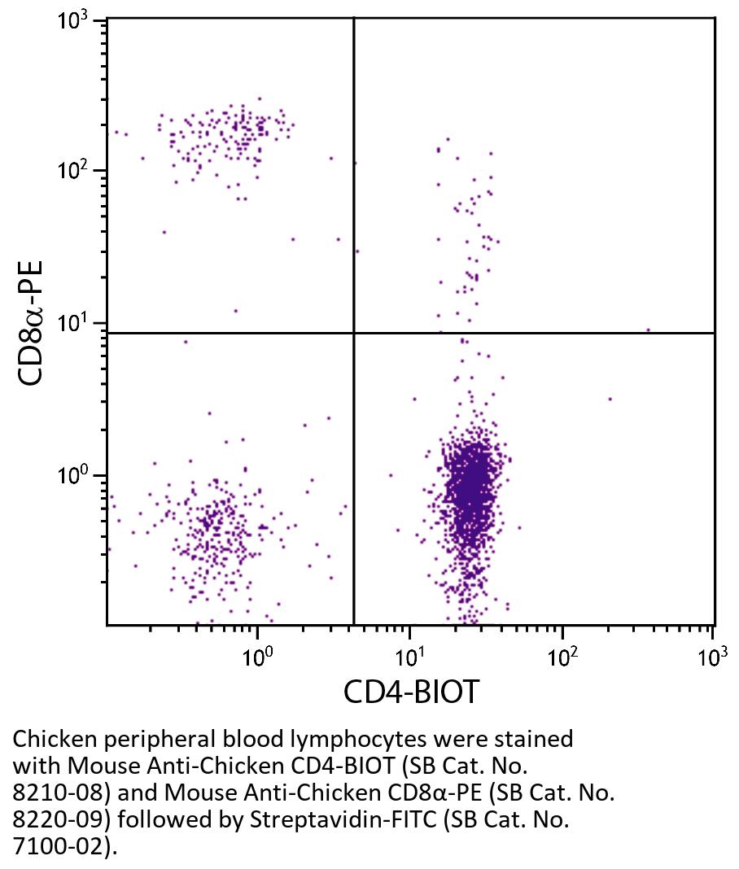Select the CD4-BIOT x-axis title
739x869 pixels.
point(411,692)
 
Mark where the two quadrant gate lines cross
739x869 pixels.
point(354,333)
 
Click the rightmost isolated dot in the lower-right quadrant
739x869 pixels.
point(610,399)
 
